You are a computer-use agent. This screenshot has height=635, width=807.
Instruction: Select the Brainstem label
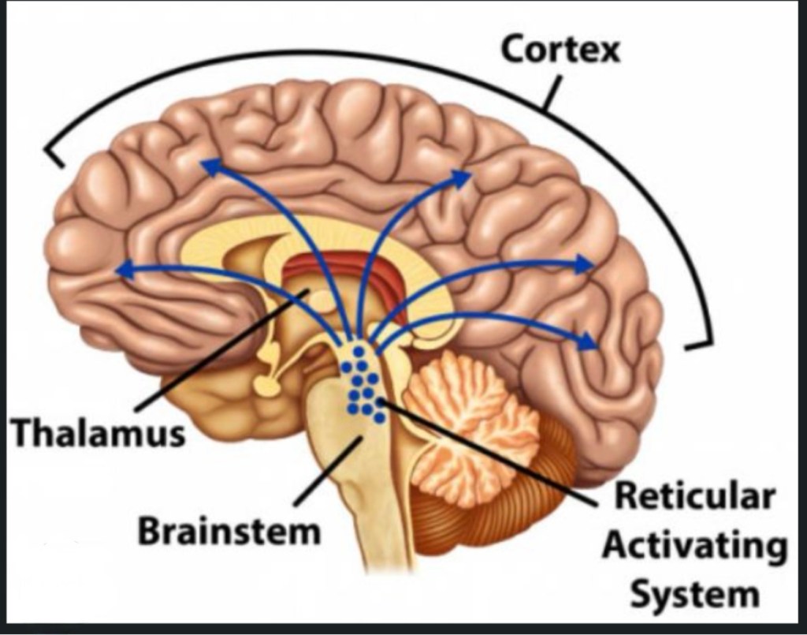(229, 532)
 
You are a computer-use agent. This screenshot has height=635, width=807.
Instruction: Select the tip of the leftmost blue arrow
(121, 271)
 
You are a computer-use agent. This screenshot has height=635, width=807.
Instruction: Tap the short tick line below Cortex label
(551, 92)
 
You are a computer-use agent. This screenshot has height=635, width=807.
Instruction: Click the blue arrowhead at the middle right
(586, 264)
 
